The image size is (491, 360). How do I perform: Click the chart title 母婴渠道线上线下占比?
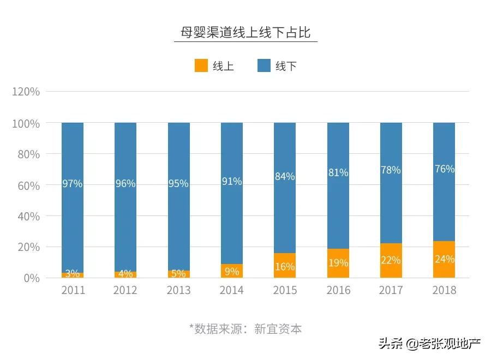coord(245,32)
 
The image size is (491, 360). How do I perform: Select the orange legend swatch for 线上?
coord(201,66)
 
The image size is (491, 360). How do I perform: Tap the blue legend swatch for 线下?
coord(264,66)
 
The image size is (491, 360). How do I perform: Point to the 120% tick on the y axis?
coord(26,92)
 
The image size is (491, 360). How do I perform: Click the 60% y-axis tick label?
coord(26,185)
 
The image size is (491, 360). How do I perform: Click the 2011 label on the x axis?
coord(73,290)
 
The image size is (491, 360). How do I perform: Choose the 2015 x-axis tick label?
coord(285,290)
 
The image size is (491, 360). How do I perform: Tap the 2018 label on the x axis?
coord(444,290)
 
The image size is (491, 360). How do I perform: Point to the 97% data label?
coord(72,184)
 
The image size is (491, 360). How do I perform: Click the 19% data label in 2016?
coord(338,263)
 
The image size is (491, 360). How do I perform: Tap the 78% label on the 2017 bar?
coord(391,170)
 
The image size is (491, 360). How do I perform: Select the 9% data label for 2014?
coord(231,271)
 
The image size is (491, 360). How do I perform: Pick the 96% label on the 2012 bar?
coord(125,184)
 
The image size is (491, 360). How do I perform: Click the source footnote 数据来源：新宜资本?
coord(245,329)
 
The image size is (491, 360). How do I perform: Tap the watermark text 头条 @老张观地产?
coord(430,344)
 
